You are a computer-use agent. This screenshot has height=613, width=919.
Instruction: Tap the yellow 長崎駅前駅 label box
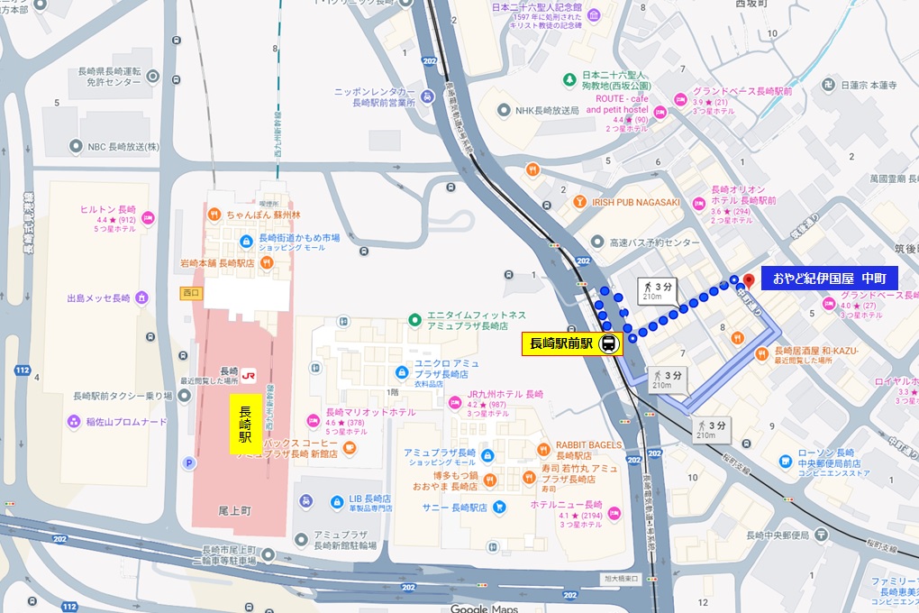[x=560, y=343]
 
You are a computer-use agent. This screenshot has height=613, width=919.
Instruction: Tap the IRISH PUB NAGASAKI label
[x=634, y=202]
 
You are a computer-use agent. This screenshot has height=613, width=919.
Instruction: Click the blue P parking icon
[x=189, y=462]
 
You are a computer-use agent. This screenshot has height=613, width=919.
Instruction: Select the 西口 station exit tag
[x=190, y=292]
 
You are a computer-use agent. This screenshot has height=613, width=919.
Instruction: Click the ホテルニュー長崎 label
[x=568, y=505]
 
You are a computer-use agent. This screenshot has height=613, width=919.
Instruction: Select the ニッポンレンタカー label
[x=374, y=93]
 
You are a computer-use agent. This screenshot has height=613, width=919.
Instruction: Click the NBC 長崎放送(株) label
[x=122, y=146]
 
